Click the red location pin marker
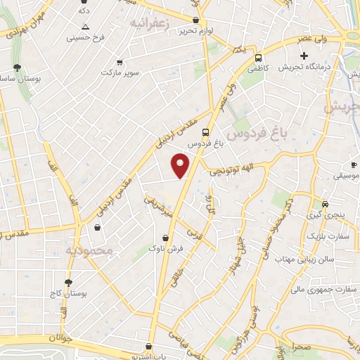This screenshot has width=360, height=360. (180, 165)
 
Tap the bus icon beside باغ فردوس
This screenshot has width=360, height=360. (205, 131)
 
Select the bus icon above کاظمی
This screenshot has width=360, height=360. (259, 58)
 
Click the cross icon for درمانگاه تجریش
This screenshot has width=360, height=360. (304, 56)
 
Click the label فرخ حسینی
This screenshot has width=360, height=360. (84, 36)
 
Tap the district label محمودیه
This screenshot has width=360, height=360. (89, 250)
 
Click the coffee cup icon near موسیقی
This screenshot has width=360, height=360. (354, 165)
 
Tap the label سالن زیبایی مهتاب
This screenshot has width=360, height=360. (314, 260)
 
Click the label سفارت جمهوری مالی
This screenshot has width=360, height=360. (323, 288)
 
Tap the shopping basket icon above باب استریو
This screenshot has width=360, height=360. (148, 346)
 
